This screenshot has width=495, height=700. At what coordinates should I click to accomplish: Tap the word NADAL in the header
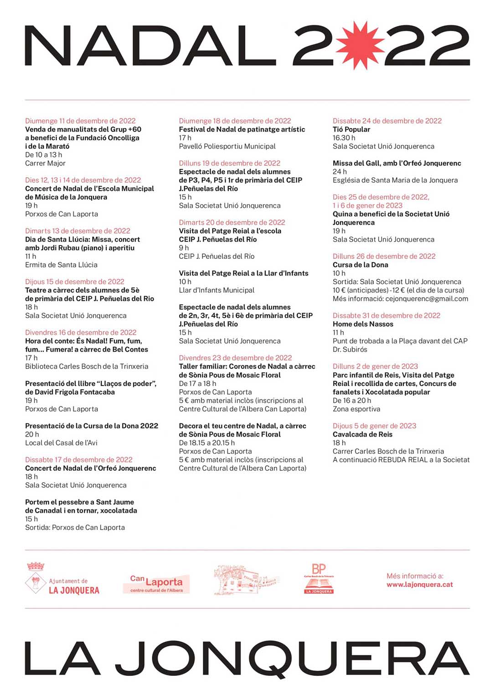click(150, 46)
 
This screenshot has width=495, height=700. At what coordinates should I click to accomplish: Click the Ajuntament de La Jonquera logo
click(62, 579)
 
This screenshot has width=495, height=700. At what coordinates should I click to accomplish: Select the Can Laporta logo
click(156, 583)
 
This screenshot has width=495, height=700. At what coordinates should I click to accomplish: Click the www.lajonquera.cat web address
click(419, 585)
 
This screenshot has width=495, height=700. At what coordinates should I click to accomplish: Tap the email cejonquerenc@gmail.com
click(427, 299)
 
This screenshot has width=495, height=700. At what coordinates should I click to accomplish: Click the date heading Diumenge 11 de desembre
click(80, 121)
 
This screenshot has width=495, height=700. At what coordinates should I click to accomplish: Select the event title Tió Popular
click(351, 129)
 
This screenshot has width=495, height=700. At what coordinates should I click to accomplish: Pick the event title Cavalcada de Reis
click(362, 434)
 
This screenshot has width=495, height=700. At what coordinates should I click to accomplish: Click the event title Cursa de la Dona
click(360, 265)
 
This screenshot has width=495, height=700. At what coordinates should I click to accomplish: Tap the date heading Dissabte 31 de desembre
click(386, 315)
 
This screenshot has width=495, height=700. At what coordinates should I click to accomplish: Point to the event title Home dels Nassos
click(363, 324)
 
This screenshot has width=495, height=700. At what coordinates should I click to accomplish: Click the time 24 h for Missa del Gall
click(340, 172)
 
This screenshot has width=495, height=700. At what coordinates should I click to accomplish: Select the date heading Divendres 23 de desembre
click(235, 358)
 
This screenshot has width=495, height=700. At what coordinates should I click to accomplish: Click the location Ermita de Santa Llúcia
click(61, 265)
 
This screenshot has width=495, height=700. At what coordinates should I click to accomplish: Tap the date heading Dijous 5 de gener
click(374, 426)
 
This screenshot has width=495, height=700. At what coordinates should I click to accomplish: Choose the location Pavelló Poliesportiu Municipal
click(227, 146)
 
